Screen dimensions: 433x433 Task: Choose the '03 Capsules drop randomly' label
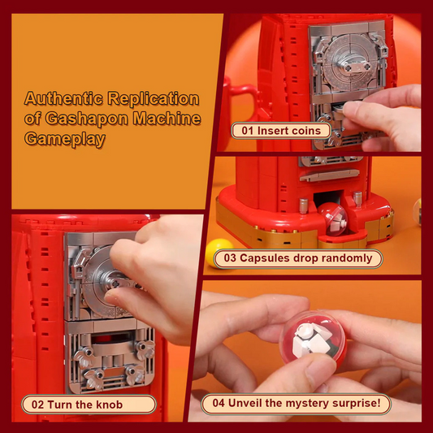point(297,258)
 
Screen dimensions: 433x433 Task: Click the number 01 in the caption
point(246,130)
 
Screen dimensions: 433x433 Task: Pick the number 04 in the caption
point(220,403)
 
